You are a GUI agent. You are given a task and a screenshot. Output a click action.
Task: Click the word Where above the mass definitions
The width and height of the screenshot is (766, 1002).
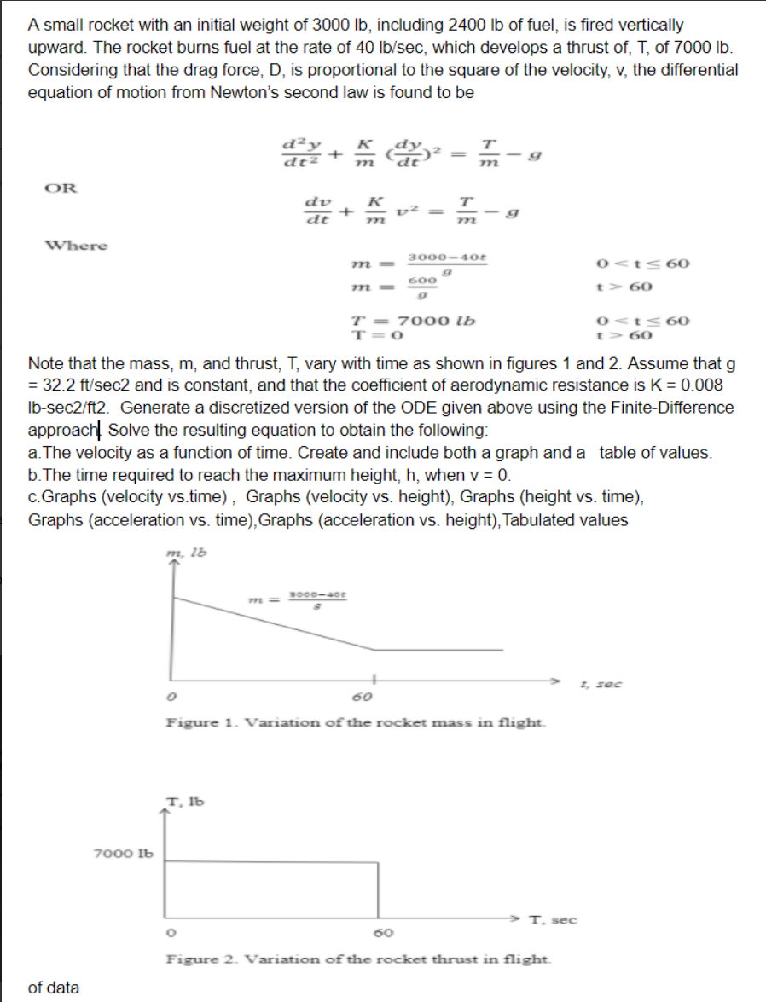click(x=77, y=246)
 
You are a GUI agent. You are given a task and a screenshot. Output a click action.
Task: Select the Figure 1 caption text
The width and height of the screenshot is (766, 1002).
click(x=356, y=722)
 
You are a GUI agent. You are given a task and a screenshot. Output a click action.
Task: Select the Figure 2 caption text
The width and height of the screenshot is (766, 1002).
click(x=357, y=959)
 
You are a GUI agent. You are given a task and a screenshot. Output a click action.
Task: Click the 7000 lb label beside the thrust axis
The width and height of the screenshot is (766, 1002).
click(x=122, y=853)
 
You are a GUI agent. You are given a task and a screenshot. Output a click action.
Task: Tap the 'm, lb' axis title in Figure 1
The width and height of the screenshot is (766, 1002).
click(x=189, y=554)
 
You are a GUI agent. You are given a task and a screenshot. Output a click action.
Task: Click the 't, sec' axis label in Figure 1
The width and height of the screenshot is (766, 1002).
click(x=594, y=683)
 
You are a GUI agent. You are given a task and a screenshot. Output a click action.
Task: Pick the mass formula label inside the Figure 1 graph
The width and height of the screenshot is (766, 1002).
click(x=316, y=600)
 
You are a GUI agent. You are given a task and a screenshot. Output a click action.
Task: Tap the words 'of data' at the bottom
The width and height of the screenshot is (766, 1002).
click(x=53, y=988)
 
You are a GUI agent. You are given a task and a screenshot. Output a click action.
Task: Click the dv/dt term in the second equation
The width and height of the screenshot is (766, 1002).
click(x=317, y=210)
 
